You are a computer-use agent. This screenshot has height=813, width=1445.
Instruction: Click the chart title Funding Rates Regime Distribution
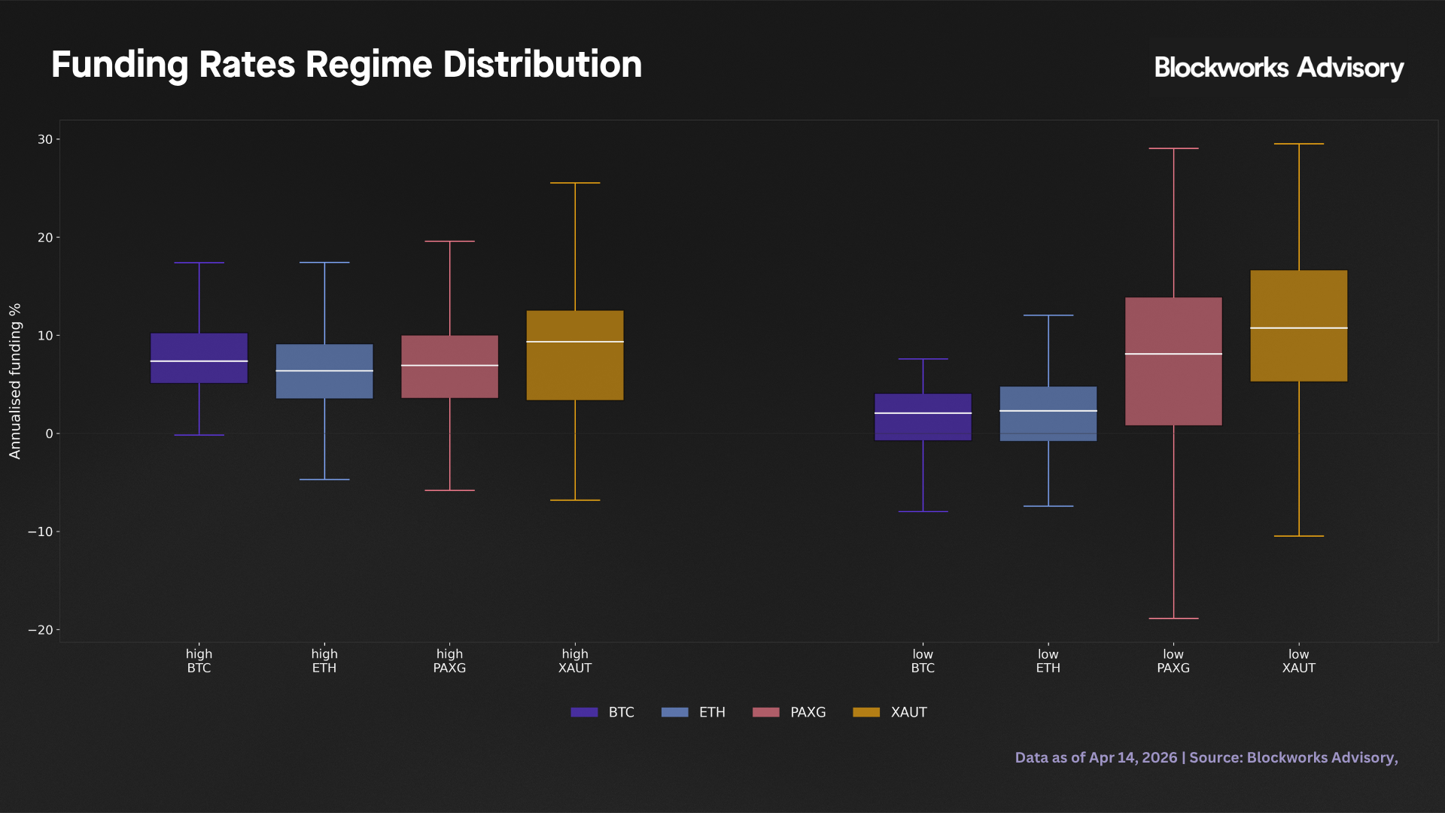[x=346, y=65]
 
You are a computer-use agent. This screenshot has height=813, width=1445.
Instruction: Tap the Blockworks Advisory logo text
[x=1278, y=68]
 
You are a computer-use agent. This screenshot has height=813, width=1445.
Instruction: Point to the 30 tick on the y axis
[x=45, y=139]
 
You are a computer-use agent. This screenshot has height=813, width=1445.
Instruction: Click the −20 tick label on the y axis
[x=41, y=630]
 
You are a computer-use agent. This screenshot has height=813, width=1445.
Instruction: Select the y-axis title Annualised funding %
[x=15, y=381]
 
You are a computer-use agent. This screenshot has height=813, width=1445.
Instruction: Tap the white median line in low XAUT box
[x=1298, y=328]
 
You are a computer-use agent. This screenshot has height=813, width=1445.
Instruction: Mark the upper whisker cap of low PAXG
[x=1173, y=148]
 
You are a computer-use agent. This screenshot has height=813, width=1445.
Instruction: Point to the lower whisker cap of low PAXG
[x=1173, y=619]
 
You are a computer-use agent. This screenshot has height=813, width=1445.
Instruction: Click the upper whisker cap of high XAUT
[x=575, y=183]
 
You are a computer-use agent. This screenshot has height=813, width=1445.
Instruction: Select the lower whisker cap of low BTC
[x=923, y=512]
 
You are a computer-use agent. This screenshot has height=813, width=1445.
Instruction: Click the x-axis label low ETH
[x=1048, y=661]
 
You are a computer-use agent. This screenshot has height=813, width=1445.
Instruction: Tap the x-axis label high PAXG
[x=449, y=661]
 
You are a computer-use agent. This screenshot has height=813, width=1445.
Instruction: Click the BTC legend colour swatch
[x=584, y=712]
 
